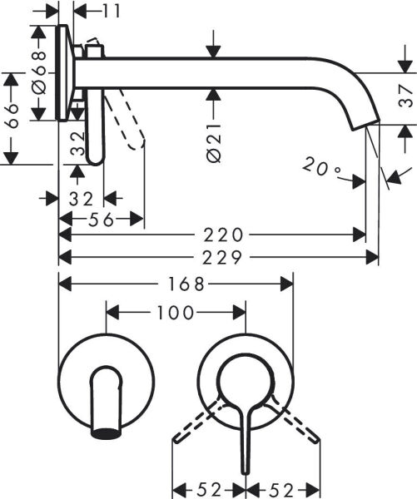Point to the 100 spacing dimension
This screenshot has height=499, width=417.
176,313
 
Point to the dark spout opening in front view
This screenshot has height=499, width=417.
106,432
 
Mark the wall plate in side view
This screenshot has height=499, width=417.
63,72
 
